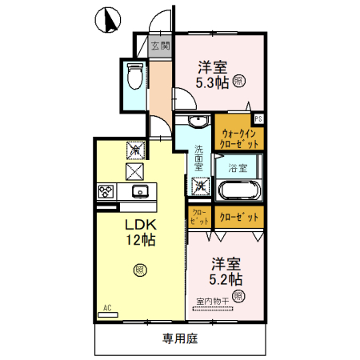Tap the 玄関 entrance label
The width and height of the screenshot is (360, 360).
pos(160,46)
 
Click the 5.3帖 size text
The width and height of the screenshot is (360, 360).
pos(214,80)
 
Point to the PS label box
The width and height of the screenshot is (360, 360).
pos(258,119)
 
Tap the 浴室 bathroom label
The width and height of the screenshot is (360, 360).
pos(237,168)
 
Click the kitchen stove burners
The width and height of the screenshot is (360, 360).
pos(106,191)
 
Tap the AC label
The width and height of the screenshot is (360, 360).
pos(106,306)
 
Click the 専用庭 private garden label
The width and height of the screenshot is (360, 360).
pos(179,338)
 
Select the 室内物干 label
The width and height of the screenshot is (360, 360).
pos(212,302)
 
